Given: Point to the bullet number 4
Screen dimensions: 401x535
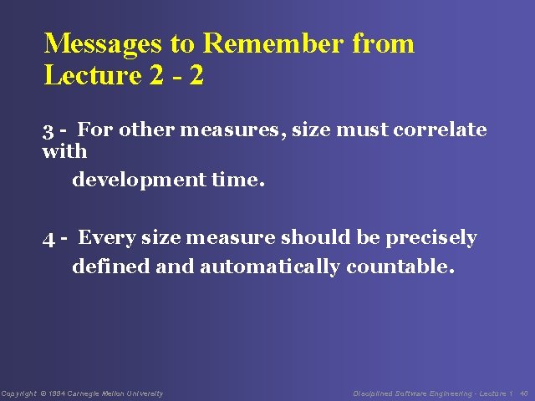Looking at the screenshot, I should pos(49,239).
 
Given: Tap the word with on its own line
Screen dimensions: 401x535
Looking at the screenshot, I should pos(64,152).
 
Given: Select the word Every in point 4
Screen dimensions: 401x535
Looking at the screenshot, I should pos(107,238).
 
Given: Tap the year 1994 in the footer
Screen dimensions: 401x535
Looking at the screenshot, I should pos(57,393).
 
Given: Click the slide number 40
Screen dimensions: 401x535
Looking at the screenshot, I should pos(523,393).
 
